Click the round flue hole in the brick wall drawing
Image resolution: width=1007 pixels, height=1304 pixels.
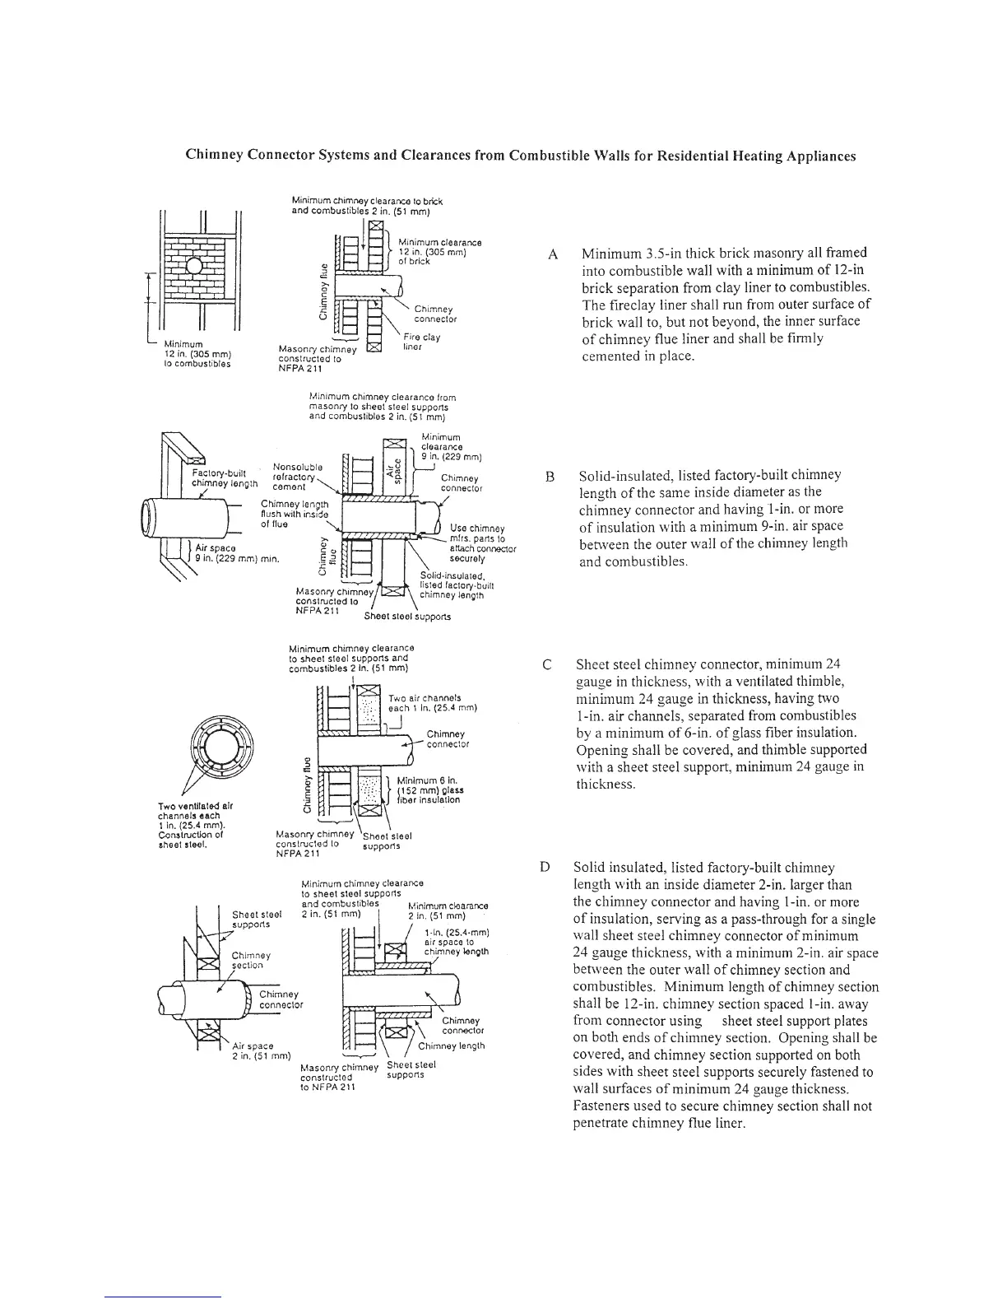pyautogui.click(x=193, y=266)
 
